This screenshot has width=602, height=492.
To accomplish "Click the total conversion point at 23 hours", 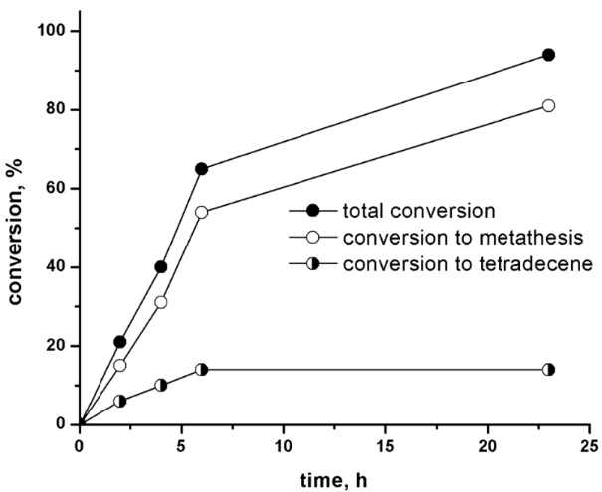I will tap(548, 55).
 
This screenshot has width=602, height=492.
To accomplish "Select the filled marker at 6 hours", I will tap(202, 169).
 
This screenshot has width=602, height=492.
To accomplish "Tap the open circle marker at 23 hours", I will tap(548, 105).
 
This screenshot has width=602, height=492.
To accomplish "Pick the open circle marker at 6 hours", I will tap(202, 212).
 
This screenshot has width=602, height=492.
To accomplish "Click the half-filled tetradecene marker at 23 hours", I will tap(548, 369).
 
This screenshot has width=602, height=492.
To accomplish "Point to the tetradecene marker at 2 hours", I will tap(120, 401).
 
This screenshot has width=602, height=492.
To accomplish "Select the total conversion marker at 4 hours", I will tap(161, 266).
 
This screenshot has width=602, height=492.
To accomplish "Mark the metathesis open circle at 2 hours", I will tap(120, 365).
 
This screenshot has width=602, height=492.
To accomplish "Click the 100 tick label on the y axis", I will tap(52, 31).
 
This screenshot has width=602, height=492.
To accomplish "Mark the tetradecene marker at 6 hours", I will tap(202, 369).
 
